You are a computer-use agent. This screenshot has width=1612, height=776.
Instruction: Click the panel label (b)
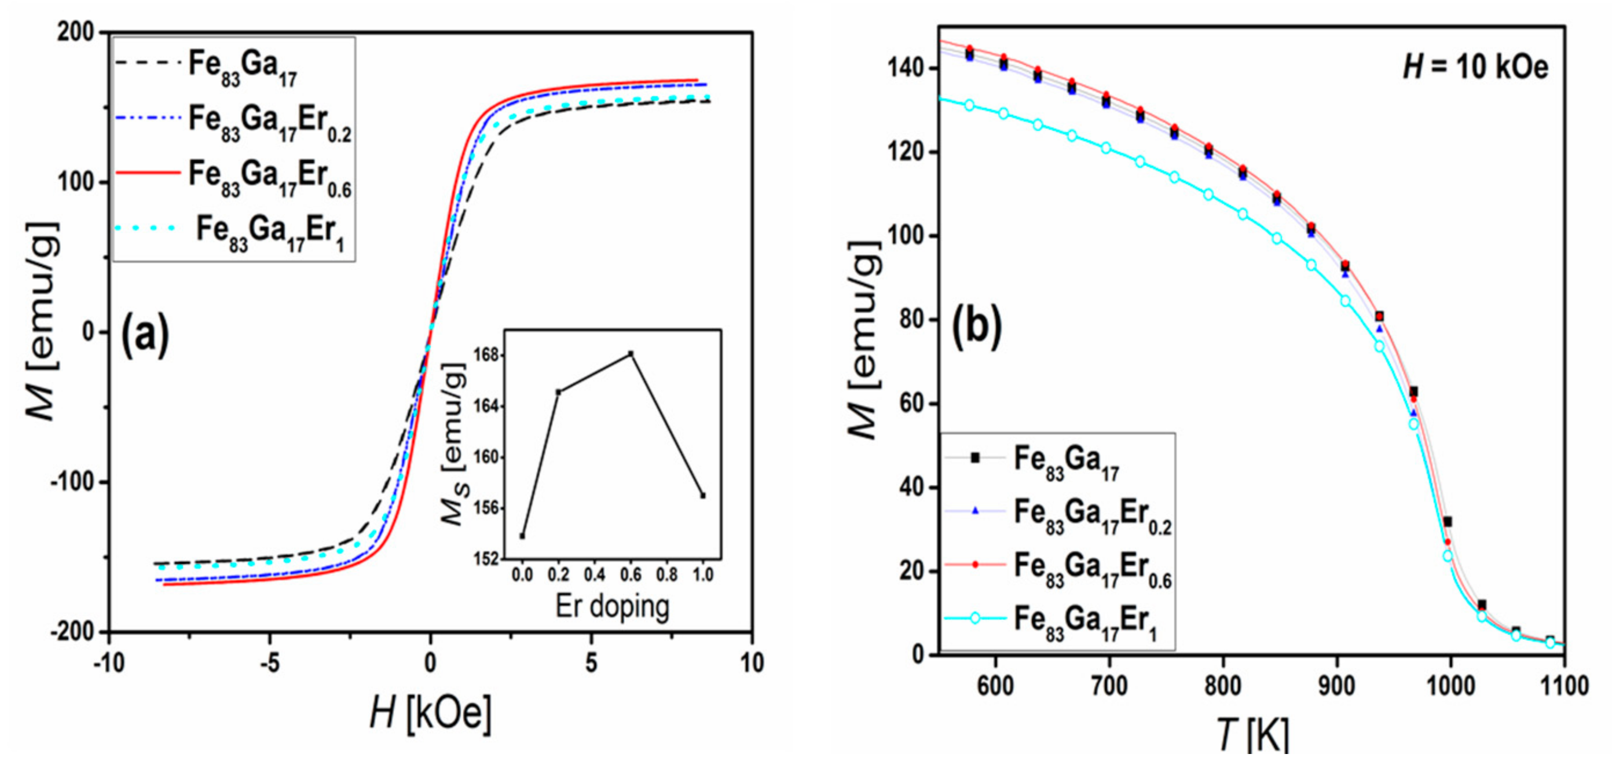[976, 327]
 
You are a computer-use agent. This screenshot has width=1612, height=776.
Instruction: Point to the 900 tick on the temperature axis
[1336, 686]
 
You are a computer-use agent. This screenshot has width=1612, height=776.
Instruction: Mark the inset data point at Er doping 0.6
[631, 354]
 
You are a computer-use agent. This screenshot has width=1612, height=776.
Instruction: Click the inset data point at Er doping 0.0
[522, 536]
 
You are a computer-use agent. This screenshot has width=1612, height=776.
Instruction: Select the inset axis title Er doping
[612, 606]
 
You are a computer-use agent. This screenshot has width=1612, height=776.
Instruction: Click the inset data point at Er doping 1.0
[703, 496]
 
